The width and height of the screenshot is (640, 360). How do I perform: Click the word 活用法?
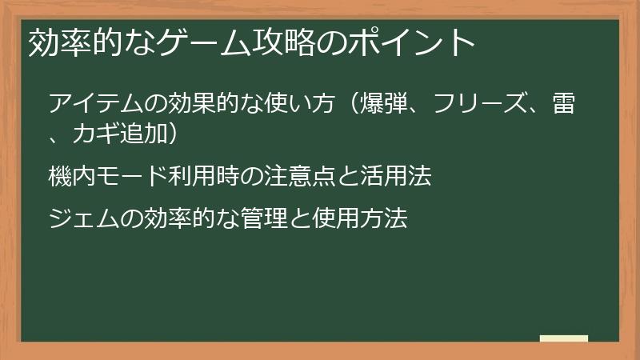pos(403,176)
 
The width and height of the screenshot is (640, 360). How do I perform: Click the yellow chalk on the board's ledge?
pos(564,338)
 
